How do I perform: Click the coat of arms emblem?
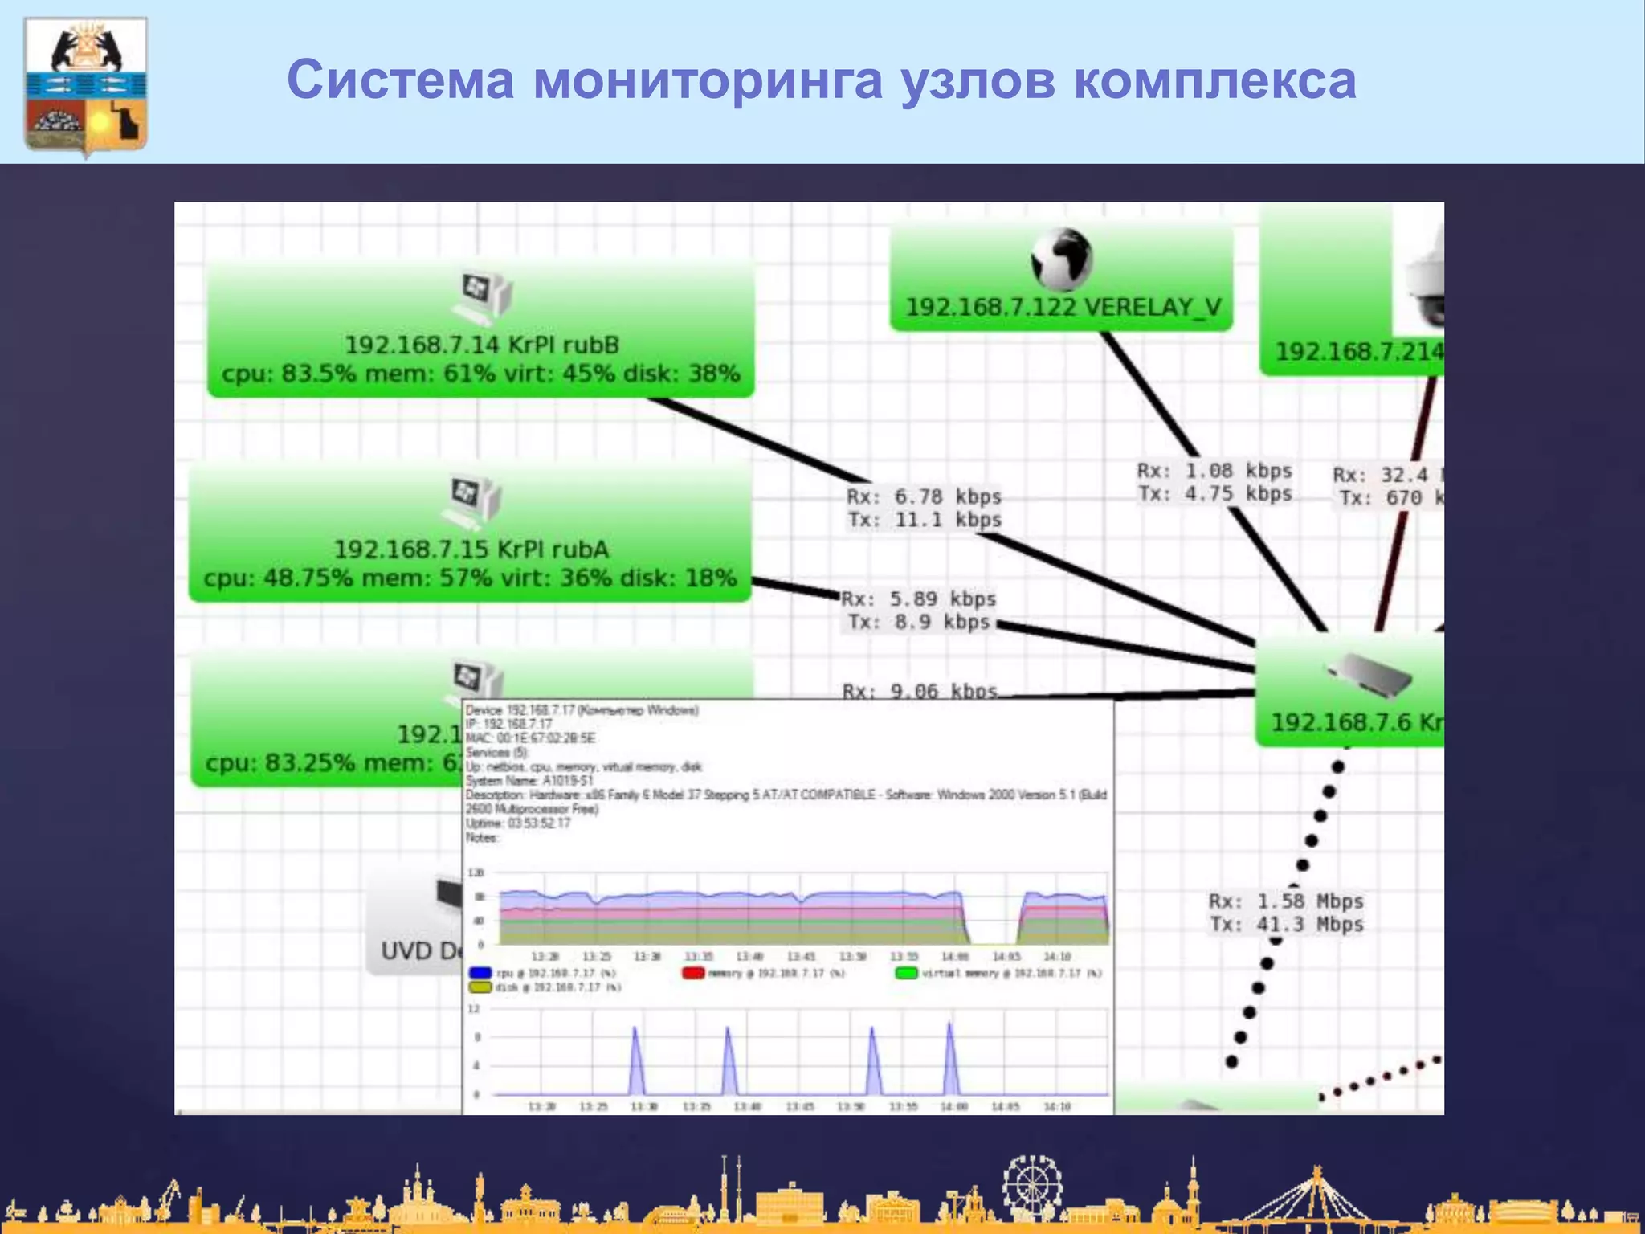86,84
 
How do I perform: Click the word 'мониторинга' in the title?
707,80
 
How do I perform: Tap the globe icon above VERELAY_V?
1061,259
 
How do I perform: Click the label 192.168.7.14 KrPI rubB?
482,345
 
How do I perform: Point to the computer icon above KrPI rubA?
471,501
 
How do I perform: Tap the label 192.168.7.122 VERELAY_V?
1063,307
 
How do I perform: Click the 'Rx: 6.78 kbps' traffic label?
924,496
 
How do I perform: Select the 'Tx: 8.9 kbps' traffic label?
919,622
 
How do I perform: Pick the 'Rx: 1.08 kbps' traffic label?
1214,471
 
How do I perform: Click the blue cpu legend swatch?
480,973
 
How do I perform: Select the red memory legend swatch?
692,973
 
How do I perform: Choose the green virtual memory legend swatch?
906,973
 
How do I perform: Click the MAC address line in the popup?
530,738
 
